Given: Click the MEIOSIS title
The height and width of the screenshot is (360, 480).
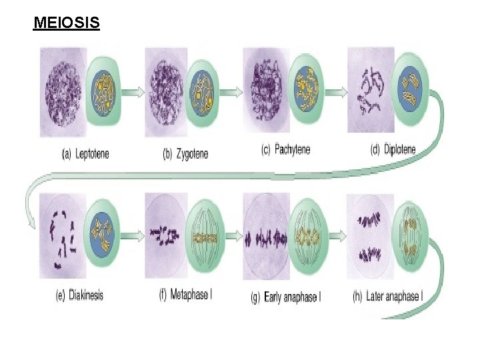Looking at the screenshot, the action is (67, 24).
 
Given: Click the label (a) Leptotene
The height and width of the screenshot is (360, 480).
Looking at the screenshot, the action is (85, 154).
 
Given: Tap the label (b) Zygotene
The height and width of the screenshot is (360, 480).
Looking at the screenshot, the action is (185, 154).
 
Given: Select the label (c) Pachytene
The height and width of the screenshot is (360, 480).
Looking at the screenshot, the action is (285, 149).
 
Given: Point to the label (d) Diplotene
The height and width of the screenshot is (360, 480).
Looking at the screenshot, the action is (393, 149).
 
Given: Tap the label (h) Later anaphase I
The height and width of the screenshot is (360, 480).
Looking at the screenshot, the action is (387, 296).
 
